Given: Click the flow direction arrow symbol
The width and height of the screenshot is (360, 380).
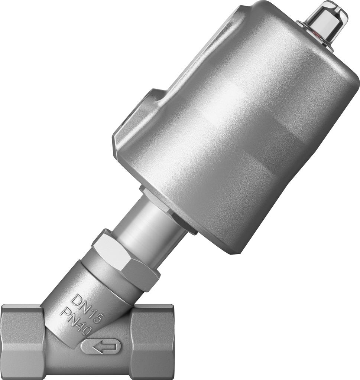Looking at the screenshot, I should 101,347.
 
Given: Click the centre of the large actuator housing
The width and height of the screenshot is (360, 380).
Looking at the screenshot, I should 238,134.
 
